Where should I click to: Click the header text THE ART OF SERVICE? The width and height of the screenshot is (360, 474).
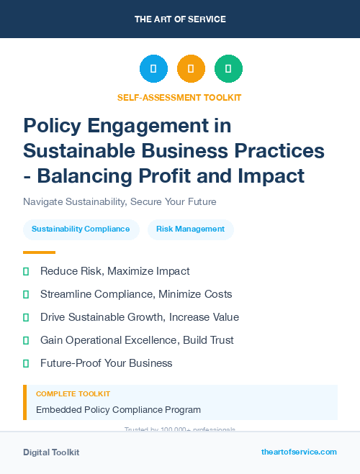pyautogui.click(x=180, y=19)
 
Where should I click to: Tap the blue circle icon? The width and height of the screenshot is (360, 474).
pyautogui.click(x=153, y=69)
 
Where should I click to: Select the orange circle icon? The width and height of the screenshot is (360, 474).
pyautogui.click(x=191, y=69)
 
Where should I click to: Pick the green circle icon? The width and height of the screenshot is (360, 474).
pyautogui.click(x=228, y=69)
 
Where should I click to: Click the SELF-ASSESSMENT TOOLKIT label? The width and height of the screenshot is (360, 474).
pyautogui.click(x=179, y=97)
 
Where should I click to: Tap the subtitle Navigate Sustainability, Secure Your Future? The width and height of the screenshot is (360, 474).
pyautogui.click(x=120, y=201)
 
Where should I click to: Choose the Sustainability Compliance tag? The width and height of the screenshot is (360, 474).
pyautogui.click(x=81, y=229)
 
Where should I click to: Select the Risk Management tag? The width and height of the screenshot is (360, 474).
pyautogui.click(x=190, y=229)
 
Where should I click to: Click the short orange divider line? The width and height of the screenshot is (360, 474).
pyautogui.click(x=39, y=252)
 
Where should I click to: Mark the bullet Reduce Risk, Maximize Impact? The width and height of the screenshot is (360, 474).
pyautogui.click(x=114, y=271)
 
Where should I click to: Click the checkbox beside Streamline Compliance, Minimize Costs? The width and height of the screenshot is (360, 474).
pyautogui.click(x=26, y=294)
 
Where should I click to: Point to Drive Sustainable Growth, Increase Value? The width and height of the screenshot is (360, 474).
pyautogui.click(x=139, y=317)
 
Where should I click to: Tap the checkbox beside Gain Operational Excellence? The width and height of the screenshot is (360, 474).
pyautogui.click(x=26, y=340)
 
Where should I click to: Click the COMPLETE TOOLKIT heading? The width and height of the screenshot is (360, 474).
pyautogui.click(x=73, y=394)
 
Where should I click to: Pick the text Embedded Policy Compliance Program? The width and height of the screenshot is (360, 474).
pyautogui.click(x=118, y=410)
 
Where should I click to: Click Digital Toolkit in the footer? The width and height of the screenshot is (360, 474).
pyautogui.click(x=51, y=452)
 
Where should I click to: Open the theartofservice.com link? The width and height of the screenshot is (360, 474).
pyautogui.click(x=299, y=452)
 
